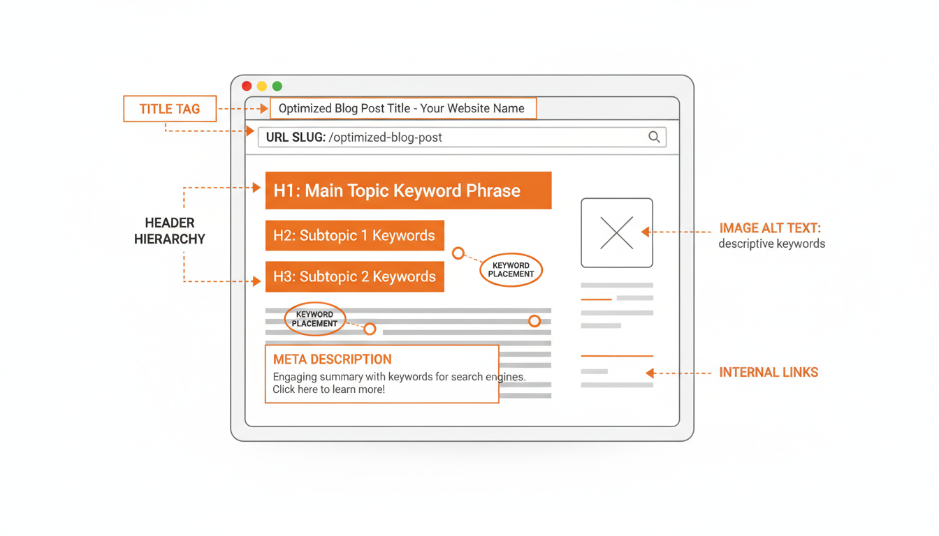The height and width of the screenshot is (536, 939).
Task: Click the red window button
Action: [247, 86]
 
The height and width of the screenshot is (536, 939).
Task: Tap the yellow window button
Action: [262, 86]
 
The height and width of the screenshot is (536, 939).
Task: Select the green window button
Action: [277, 86]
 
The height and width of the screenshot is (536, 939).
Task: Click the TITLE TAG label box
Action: [170, 109]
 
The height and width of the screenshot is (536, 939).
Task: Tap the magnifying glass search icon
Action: [654, 137]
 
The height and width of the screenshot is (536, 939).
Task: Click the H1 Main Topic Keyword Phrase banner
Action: [408, 191]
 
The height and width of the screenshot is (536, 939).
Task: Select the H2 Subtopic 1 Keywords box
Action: [354, 236]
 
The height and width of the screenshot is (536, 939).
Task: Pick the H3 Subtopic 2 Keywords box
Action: [354, 276]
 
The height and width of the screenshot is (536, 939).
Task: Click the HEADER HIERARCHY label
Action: [170, 231]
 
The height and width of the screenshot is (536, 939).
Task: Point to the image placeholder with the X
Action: [617, 232]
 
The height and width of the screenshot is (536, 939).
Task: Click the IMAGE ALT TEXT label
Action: [770, 229]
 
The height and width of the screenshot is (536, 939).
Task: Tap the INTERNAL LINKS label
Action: [769, 373]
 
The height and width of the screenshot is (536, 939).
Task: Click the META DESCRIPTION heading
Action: [332, 359]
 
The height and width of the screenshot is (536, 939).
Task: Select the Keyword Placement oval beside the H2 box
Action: [511, 270]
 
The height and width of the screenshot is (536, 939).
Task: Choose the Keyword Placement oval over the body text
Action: [314, 319]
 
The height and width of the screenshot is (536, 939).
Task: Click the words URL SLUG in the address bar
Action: [296, 137]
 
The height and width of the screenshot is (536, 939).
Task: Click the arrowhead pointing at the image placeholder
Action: [646, 232]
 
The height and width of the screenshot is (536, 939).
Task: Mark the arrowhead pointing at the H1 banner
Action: [257, 187]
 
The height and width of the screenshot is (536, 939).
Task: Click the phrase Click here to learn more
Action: [328, 389]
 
